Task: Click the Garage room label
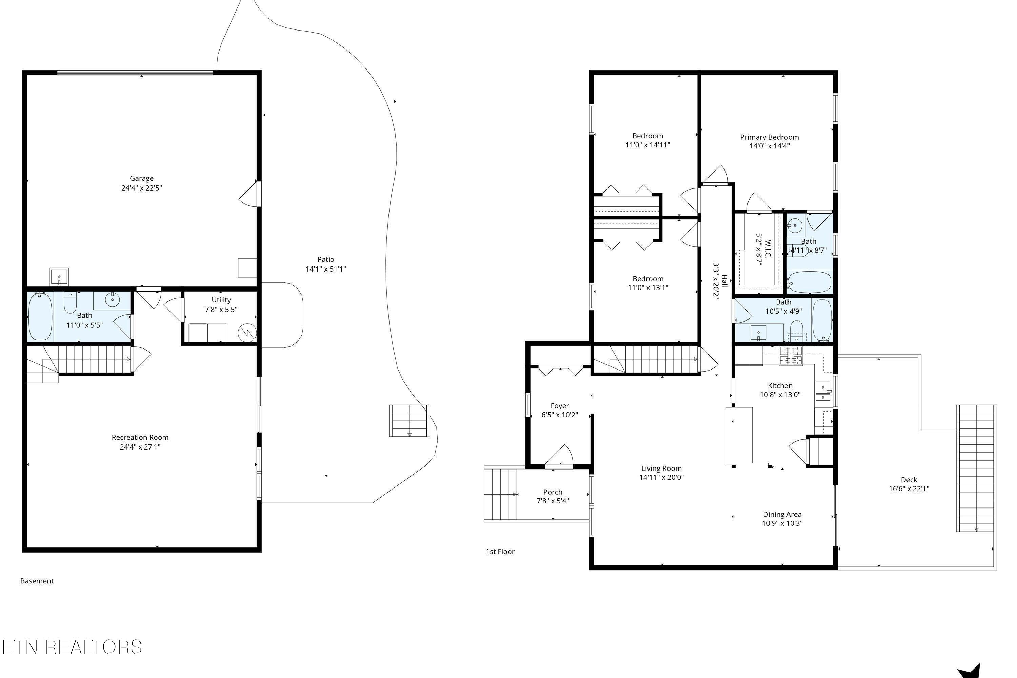point(141,178)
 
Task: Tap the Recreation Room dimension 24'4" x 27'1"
point(140,447)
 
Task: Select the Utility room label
point(221,300)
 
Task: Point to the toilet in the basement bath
point(70,302)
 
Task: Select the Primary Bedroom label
point(769,137)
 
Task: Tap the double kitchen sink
point(823,391)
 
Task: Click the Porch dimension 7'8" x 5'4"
point(553,501)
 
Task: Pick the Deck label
point(909,480)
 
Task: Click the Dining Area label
point(782,514)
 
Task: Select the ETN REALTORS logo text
point(72,647)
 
